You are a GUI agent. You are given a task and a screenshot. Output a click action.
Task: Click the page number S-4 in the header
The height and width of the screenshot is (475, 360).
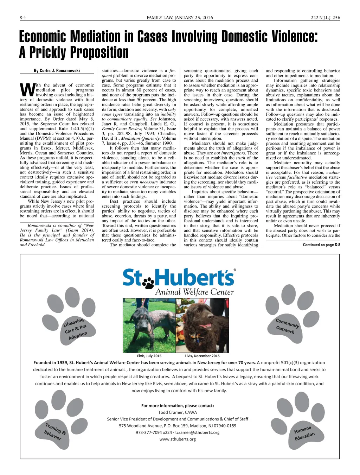[x=23, y=18]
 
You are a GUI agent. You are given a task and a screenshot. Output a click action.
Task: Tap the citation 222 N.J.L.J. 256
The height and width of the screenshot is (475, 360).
[x=325, y=18]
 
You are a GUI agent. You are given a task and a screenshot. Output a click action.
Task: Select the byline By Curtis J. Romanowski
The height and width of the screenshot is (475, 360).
[x=57, y=71]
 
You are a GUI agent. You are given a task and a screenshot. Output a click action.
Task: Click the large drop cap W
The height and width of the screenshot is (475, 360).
[x=27, y=90]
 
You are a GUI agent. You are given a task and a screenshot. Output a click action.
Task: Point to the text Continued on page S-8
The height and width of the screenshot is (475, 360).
[x=321, y=245]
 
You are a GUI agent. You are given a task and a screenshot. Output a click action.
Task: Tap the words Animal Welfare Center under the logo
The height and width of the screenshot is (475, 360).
[x=194, y=292]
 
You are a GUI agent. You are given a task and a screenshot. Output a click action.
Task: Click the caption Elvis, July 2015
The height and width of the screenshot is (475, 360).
[x=149, y=356]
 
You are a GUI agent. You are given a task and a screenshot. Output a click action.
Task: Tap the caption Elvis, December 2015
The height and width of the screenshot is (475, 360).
[x=202, y=356]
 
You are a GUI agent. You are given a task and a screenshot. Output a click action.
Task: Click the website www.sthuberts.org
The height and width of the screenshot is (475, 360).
[x=178, y=439]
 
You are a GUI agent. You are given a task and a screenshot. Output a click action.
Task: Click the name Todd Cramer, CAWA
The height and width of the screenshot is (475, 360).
[x=178, y=412]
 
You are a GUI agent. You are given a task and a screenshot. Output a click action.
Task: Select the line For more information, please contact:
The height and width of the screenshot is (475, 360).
[x=178, y=406]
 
